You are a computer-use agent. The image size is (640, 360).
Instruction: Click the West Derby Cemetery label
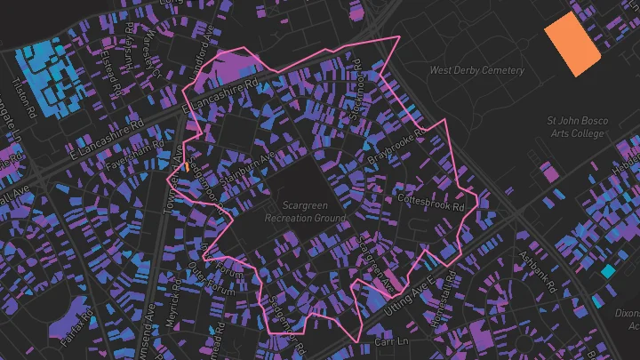(476, 70)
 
